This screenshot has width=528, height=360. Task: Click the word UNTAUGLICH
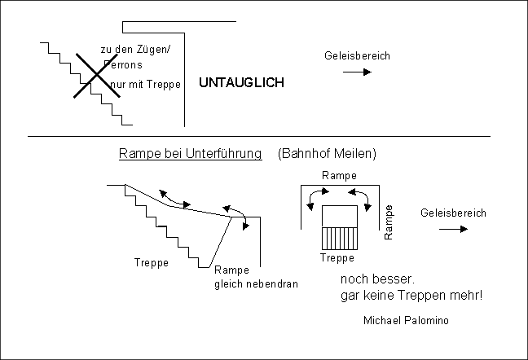click(x=242, y=84)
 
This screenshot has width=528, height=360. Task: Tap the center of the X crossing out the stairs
click(x=96, y=76)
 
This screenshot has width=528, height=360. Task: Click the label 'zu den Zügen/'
click(x=135, y=50)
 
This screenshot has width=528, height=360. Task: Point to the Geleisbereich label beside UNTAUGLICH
click(x=357, y=56)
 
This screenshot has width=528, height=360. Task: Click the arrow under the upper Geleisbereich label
click(x=356, y=72)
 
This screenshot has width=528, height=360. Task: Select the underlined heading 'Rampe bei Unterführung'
click(x=190, y=153)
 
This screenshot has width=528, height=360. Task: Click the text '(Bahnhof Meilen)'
click(x=326, y=153)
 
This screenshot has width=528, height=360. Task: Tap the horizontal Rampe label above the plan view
click(x=338, y=175)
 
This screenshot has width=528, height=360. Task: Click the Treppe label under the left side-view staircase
click(x=151, y=262)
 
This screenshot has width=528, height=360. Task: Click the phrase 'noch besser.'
click(x=365, y=279)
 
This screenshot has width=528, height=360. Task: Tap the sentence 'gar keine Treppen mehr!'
click(x=410, y=295)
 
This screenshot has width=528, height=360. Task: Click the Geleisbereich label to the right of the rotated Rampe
click(x=453, y=213)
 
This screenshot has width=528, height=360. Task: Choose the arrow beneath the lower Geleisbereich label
click(x=453, y=229)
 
